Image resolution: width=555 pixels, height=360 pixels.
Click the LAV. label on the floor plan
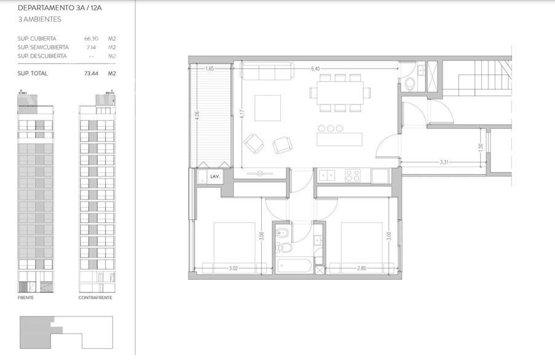pyautogui.click(x=215, y=176)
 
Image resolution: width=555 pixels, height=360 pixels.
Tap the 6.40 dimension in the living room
pyautogui.click(x=315, y=69)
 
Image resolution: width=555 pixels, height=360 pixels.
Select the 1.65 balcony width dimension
pyautogui.click(x=210, y=69)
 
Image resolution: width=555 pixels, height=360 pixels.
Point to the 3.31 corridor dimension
pyautogui.click(x=444, y=162)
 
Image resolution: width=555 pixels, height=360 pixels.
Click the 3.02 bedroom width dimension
pyautogui.click(x=234, y=268)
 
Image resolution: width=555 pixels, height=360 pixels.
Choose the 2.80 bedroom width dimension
pyautogui.click(x=361, y=268)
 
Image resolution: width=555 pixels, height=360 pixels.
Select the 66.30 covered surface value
pyautogui.click(x=92, y=39)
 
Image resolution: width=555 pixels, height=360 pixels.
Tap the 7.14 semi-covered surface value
pyautogui.click(x=92, y=47)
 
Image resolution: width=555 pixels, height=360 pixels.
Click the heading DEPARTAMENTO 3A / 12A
pyautogui.click(x=60, y=8)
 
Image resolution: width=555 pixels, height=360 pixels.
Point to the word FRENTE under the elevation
pyautogui.click(x=26, y=298)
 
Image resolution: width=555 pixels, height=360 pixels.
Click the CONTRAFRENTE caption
pyautogui.click(x=95, y=298)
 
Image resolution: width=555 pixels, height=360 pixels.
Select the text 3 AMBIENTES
pyautogui.click(x=39, y=20)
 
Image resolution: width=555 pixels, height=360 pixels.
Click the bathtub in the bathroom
pyautogui.click(x=295, y=266)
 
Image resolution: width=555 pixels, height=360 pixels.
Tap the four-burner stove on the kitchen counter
pyautogui.click(x=353, y=176)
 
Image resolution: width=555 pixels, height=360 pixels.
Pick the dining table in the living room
pyautogui.click(x=340, y=93)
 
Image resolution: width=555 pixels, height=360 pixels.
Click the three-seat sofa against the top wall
pyautogui.click(x=267, y=71)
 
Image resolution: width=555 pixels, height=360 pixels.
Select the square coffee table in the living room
pyautogui.click(x=267, y=108)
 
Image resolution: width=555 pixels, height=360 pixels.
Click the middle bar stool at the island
pyautogui.click(x=331, y=128)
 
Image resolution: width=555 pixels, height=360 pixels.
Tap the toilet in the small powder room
pyautogui.click(x=410, y=84)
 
